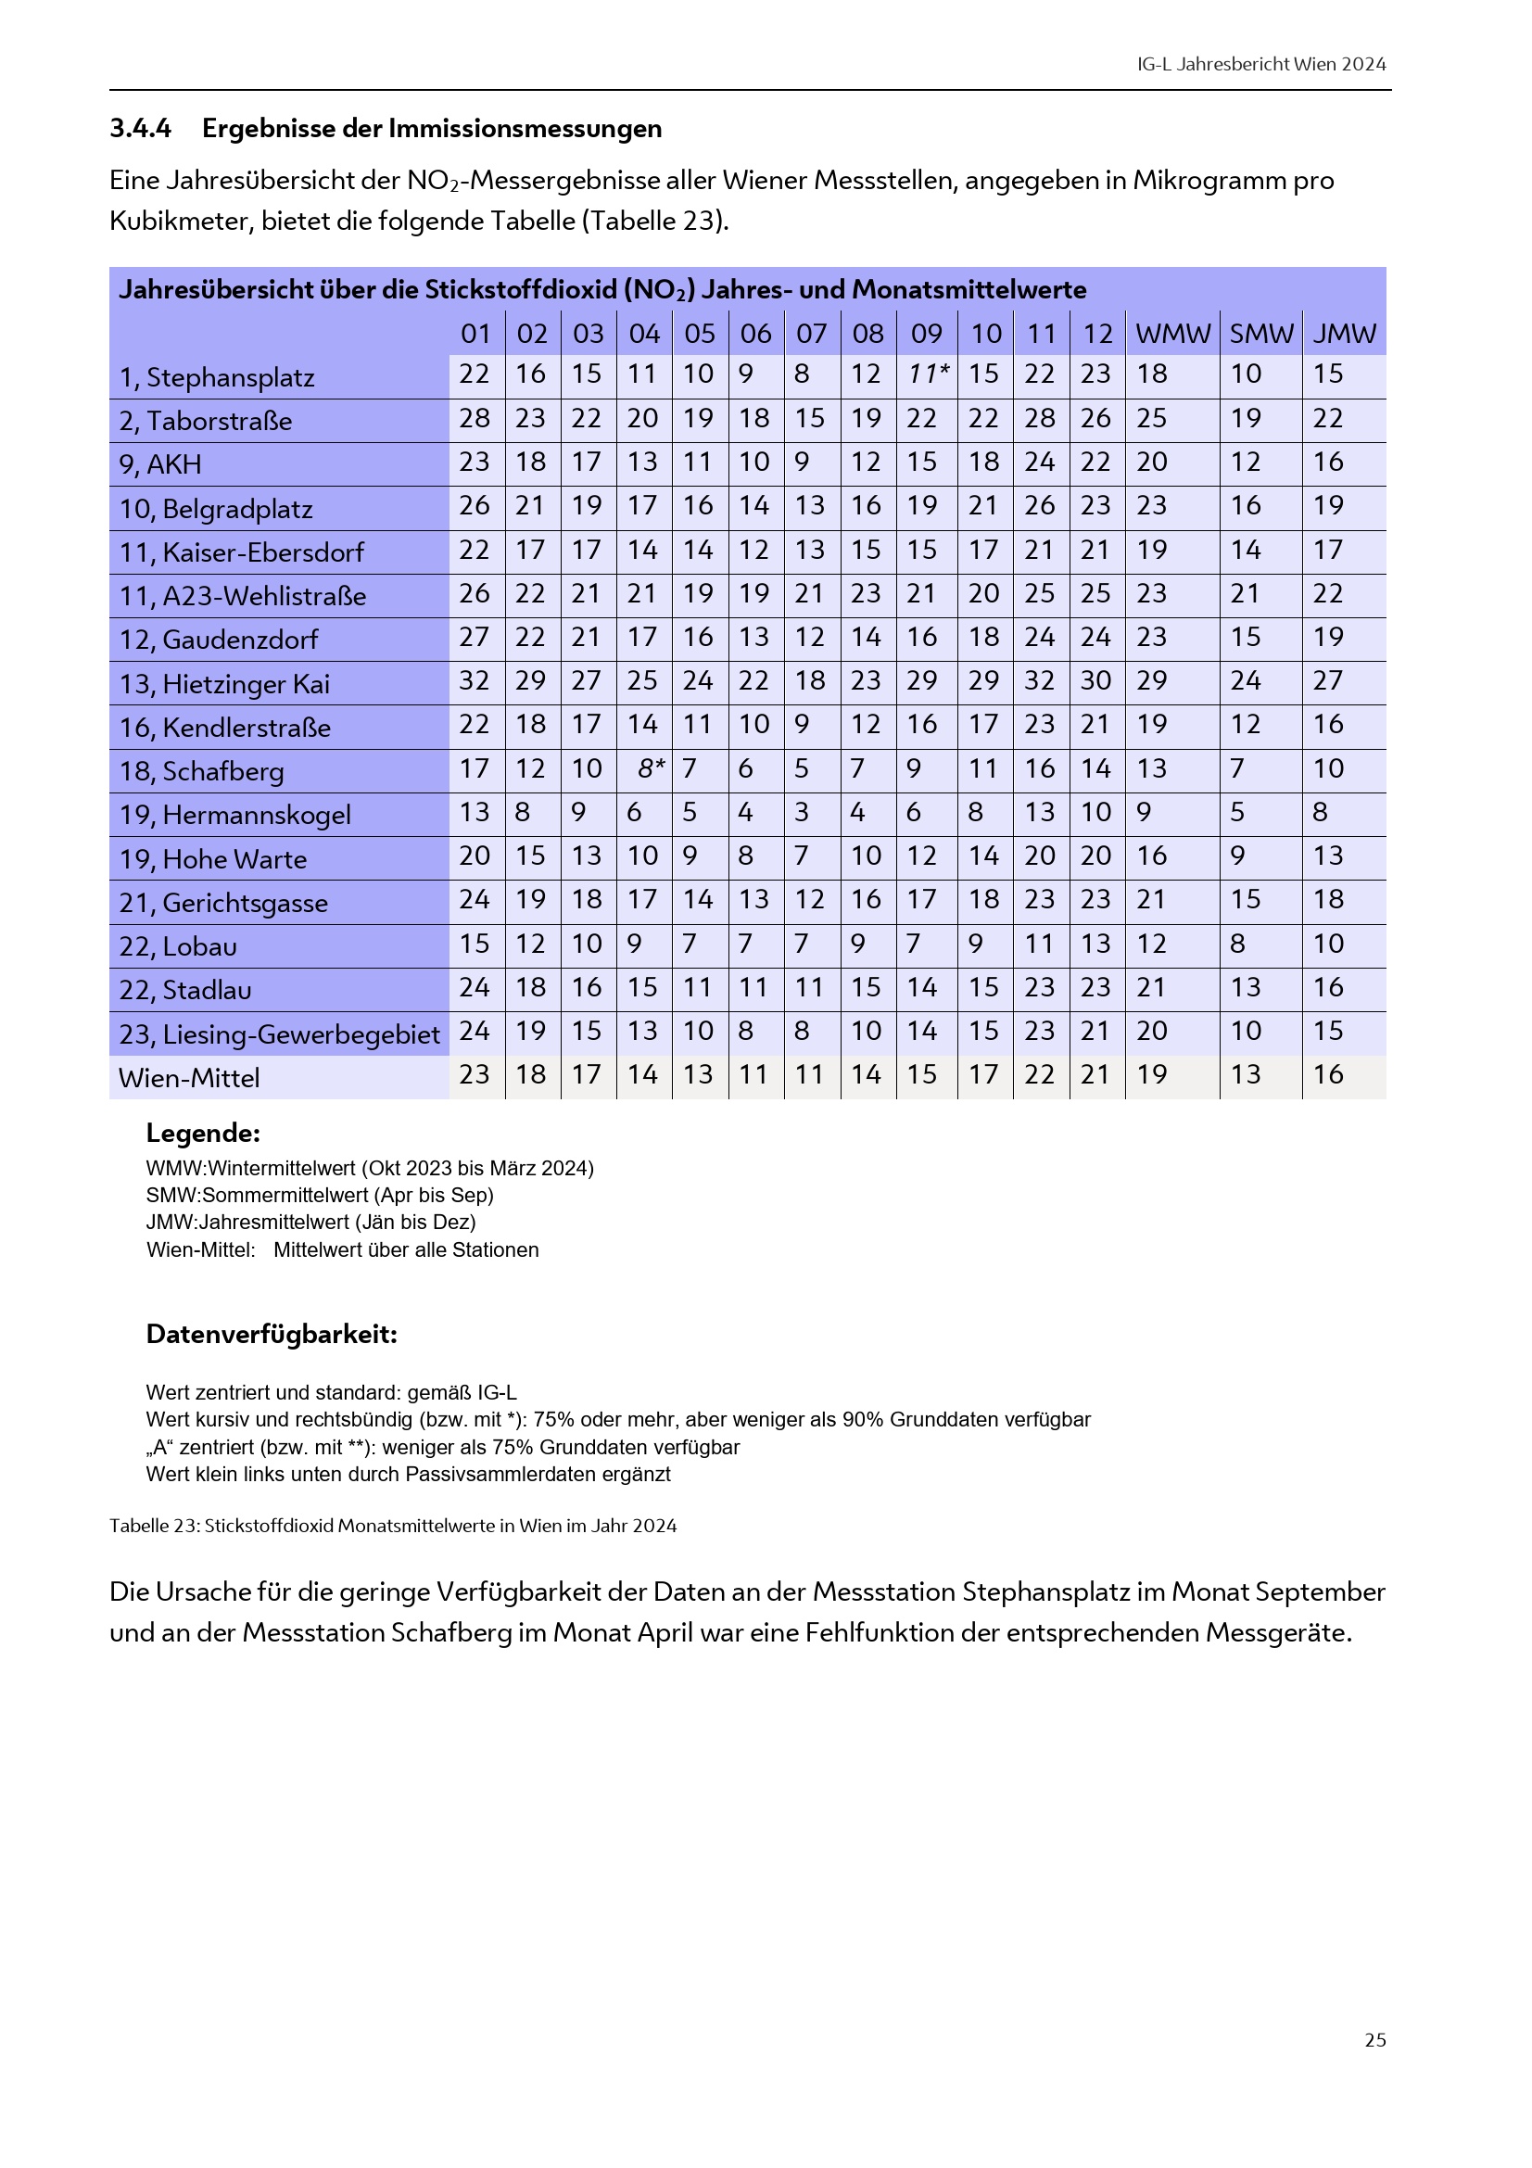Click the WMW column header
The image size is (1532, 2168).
[x=1172, y=334]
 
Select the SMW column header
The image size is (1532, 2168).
[x=1261, y=334]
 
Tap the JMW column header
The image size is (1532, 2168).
[x=1344, y=334]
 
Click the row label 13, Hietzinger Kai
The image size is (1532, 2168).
[x=224, y=684]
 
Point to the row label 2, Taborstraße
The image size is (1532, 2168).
[x=206, y=421]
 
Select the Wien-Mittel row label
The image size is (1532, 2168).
[x=189, y=1077]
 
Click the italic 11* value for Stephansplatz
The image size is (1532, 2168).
[x=928, y=374]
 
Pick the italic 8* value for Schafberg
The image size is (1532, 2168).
[x=652, y=768]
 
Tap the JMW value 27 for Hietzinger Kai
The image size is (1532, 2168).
[x=1327, y=681]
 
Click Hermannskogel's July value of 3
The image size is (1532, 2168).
[x=802, y=812]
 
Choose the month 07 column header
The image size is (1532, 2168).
[x=811, y=334]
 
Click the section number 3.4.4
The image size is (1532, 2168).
[x=141, y=129]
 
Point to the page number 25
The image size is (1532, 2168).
[x=1375, y=2040]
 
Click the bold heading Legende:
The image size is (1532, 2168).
[x=203, y=1133]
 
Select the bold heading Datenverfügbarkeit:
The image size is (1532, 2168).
[x=272, y=1334]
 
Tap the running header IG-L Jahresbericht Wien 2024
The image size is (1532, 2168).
[x=1261, y=64]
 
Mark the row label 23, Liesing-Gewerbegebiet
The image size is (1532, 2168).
[x=279, y=1034]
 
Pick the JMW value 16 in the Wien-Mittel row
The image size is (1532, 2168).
[x=1327, y=1074]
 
